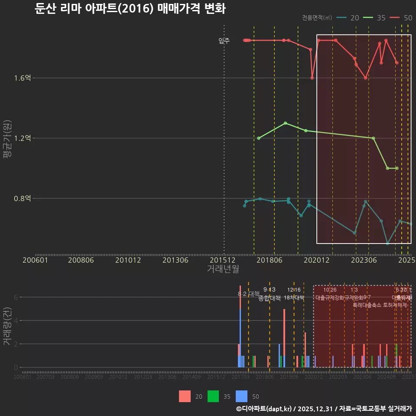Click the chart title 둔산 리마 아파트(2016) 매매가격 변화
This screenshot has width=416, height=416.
tap(130, 9)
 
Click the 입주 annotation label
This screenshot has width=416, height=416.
tap(224, 41)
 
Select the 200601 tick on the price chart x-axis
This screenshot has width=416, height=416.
tap(35, 260)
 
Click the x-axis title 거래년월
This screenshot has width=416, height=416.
tap(223, 269)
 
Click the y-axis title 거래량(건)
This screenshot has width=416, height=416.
tap(7, 326)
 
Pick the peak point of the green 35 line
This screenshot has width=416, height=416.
tap(285, 123)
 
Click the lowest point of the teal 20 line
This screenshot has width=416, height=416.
tap(387, 244)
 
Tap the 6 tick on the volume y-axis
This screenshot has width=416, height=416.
tap(16, 297)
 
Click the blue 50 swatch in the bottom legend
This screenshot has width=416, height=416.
tap(241, 396)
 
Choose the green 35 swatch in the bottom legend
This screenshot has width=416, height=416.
tap(213, 396)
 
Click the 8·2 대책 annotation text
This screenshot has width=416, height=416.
tap(248, 294)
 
